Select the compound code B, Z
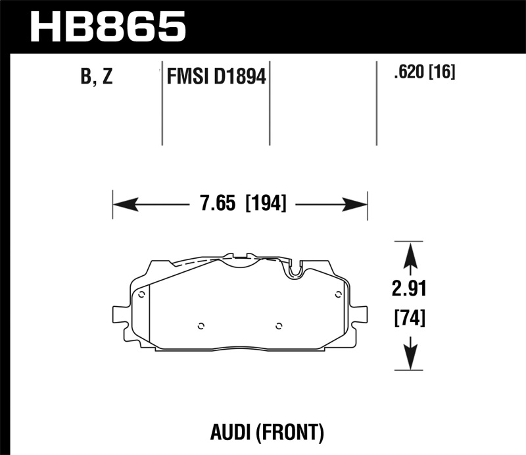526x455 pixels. tap(97, 78)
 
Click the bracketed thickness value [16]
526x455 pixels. tap(442, 72)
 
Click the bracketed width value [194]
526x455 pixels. tap(266, 204)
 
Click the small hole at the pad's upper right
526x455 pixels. tap(338, 294)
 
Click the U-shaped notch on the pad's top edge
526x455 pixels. tap(295, 269)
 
